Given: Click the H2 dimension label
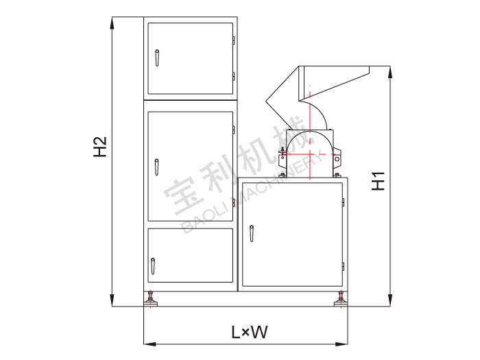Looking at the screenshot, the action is [x=100, y=147].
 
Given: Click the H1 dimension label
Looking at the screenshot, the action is [x=378, y=181].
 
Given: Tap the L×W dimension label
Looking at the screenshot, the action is [x=249, y=332].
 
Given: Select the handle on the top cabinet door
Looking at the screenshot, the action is [x=157, y=58].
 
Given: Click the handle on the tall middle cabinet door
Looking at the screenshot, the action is [x=157, y=167].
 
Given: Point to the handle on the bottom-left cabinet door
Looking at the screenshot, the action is [x=153, y=266].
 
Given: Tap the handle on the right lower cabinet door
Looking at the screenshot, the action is [x=252, y=234].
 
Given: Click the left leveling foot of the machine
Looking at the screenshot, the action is [x=151, y=299].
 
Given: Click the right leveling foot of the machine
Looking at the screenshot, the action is [x=341, y=299].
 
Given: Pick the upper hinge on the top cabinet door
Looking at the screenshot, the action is [x=234, y=40].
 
